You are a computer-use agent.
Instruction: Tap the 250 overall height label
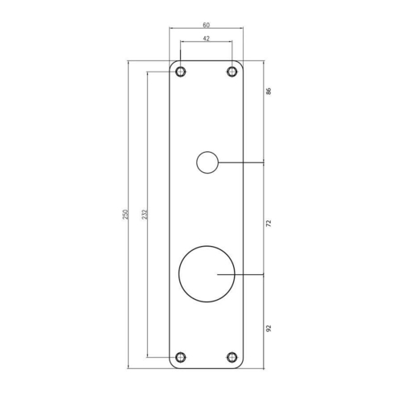coord(125,215)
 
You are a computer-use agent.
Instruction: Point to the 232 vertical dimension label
coord(144,215)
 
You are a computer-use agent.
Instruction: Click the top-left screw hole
coord(180,72)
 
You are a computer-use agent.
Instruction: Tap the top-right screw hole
coord(232,72)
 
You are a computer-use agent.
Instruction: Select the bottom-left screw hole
coord(180,357)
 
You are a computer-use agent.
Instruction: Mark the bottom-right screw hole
coord(232,357)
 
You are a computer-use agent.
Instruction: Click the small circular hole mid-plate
coord(207,162)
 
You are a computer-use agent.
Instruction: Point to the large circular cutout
coord(207,275)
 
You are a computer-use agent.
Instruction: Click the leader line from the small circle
coord(241,162)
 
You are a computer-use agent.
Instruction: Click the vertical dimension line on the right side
coord(264,201)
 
